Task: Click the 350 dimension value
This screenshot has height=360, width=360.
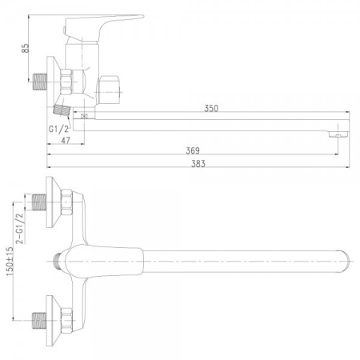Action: pyautogui.click(x=211, y=107)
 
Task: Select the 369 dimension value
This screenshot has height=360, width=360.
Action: pyautogui.click(x=192, y=150)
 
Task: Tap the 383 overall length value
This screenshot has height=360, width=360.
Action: pyautogui.click(x=198, y=164)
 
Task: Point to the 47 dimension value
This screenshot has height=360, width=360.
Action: pyautogui.click(x=65, y=141)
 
